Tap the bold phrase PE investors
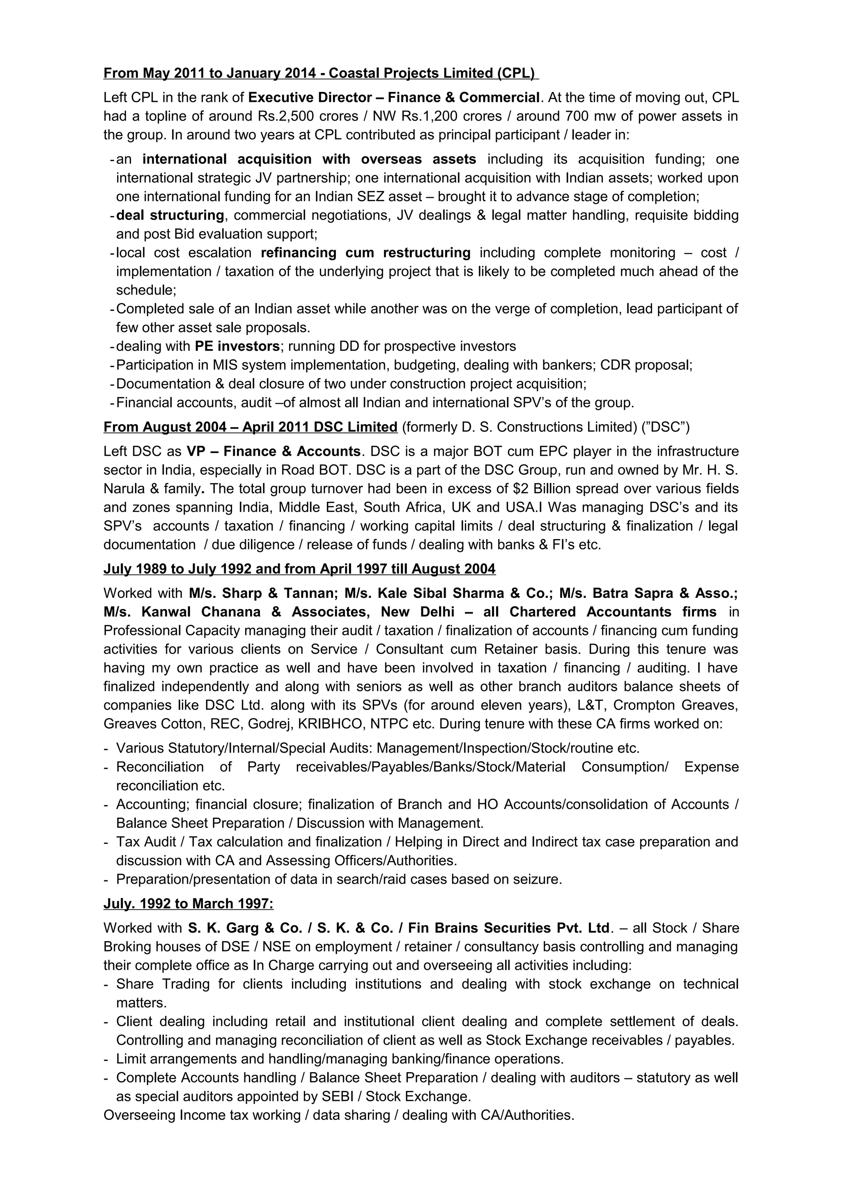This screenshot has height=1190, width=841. (x=237, y=346)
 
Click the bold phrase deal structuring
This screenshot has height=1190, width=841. (x=170, y=215)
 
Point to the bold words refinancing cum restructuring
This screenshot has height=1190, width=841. (x=365, y=253)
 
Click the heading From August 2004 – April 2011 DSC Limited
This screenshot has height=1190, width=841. (x=250, y=427)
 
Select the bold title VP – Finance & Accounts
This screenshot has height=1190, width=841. (x=273, y=451)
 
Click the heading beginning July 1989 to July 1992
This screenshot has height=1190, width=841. (x=299, y=569)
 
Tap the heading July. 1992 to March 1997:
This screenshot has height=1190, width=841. (x=188, y=904)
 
